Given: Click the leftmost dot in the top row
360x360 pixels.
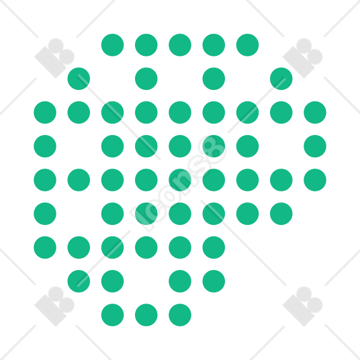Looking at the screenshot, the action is pos(113,45).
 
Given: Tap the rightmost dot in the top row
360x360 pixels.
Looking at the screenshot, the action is pos(247,45).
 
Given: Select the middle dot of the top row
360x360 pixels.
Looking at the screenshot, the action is pos(180,45).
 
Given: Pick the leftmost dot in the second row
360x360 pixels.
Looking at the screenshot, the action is pos(79,79).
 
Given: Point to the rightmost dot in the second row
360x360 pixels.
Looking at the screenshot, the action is pos(281,79).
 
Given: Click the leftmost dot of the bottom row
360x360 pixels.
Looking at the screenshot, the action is pos(113,315).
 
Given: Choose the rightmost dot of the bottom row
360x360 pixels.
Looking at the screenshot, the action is pos(180,315).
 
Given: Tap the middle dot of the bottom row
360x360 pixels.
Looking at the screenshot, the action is pos(146,315).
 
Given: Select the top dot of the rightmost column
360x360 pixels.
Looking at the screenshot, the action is pos(315,113).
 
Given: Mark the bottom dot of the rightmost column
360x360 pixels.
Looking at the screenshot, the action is pos(315,180).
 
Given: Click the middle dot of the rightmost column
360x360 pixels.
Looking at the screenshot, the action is pos(315,146).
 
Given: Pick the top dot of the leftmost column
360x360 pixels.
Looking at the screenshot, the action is pos(45,113).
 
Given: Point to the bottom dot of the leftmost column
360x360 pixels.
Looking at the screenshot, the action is pos(45,247).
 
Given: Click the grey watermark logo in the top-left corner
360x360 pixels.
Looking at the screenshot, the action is pos(55,58).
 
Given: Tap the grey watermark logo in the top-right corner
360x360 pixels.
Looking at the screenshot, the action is pos(302,58).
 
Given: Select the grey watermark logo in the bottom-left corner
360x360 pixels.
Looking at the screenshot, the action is pos(55,307).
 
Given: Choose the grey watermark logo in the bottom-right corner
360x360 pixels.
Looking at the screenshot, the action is pos(302,307).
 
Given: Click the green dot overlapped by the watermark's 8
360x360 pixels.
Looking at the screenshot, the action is pos(214,146).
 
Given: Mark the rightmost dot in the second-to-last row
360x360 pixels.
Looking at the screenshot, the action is pos(214,281).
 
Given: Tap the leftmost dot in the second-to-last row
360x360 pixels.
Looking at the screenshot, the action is pos(79,281).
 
